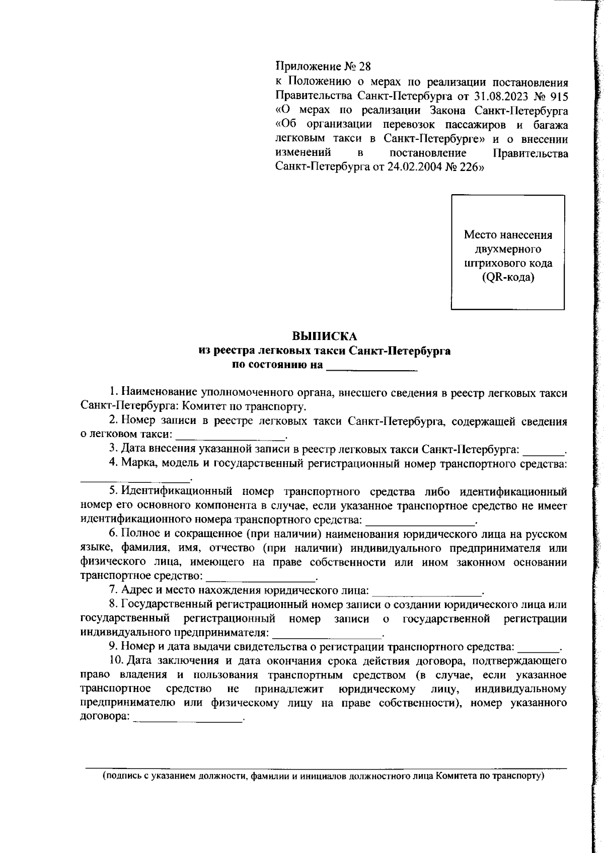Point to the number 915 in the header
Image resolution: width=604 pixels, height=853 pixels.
click(559, 96)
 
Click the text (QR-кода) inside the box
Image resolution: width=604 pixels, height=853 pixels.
click(507, 277)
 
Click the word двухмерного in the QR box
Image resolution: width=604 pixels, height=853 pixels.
click(507, 249)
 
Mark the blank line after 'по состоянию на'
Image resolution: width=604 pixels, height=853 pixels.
click(372, 369)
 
